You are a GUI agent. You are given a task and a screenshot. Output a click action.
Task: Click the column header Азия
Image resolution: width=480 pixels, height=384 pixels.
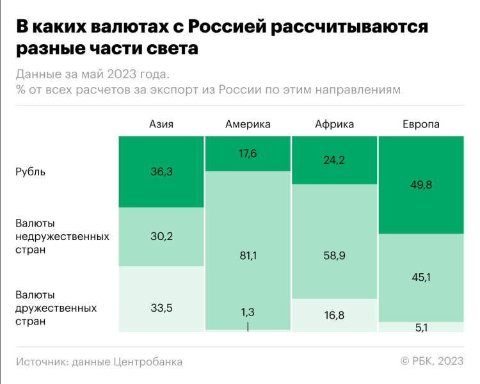(161, 124)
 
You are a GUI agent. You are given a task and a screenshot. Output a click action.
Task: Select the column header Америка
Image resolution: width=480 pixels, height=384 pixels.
(248, 124)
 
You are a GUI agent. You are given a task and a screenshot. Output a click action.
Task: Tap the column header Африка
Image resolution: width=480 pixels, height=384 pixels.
(334, 124)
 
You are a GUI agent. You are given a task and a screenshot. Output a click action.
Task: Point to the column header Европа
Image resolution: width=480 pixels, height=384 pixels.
(420, 124)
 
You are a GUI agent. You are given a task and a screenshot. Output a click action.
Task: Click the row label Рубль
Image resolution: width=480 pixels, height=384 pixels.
(31, 172)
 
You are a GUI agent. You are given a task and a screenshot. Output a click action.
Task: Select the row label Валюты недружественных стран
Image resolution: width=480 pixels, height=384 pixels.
(62, 236)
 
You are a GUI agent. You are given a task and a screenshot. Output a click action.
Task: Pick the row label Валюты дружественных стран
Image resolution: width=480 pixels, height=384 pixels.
(56, 308)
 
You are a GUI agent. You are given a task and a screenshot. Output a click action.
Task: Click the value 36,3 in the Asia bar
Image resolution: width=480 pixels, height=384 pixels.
(161, 172)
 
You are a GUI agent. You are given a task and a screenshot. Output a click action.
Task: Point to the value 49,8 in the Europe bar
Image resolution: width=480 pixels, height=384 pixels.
(420, 185)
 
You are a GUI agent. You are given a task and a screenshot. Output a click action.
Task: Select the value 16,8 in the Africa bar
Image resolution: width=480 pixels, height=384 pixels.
(334, 315)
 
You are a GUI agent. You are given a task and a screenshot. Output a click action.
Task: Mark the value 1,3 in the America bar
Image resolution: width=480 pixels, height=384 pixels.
(248, 312)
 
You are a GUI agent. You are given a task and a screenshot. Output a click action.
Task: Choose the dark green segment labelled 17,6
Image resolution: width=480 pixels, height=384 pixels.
(248, 163)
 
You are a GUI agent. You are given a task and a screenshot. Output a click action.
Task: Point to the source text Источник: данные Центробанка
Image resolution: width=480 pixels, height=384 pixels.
(99, 362)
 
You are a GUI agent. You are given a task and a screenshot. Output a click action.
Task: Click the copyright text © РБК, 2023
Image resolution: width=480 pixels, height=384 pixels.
(432, 362)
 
